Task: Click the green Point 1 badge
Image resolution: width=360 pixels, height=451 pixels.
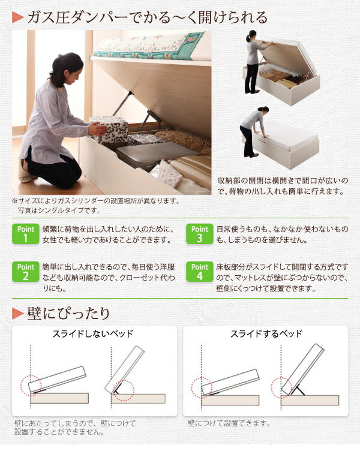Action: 25,234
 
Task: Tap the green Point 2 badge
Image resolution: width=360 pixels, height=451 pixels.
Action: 25,271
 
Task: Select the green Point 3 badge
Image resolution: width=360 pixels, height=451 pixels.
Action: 199,234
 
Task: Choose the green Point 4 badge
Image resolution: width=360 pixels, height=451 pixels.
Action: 199,271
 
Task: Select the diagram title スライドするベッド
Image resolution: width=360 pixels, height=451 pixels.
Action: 266,333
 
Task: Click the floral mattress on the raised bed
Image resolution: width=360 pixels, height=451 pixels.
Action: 150,46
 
